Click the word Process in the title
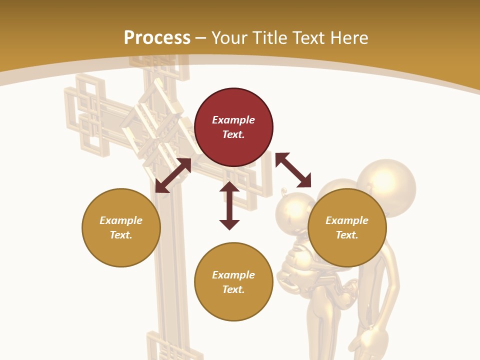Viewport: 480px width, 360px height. point(157,38)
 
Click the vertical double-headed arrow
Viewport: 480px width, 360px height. point(229,205)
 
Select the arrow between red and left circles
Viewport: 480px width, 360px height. point(173,175)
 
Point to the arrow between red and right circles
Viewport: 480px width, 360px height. point(293,170)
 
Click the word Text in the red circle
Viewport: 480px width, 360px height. point(233,134)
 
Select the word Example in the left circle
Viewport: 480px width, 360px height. point(121,220)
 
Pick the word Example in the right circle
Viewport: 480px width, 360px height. point(347,220)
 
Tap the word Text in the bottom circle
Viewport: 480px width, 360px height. point(233,289)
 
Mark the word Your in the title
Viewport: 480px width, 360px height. point(227,38)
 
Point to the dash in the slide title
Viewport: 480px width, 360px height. point(200,38)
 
